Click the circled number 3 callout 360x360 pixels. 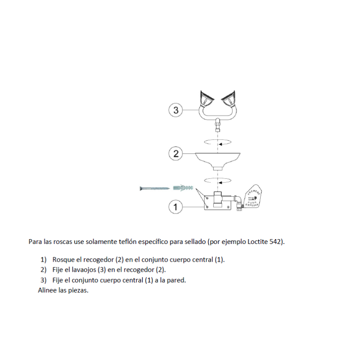coord(176,110)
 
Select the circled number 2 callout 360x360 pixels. coord(176,154)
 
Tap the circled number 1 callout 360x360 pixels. coord(175,206)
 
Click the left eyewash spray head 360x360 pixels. coord(206,99)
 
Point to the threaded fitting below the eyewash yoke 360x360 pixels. coord(218,127)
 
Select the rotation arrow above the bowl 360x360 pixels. coord(218,142)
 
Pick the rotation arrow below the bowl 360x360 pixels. coord(218,180)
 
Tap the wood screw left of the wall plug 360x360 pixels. coord(155,188)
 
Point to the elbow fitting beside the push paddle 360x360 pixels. coord(239,204)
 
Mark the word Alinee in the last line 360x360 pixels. coord(47,290)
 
